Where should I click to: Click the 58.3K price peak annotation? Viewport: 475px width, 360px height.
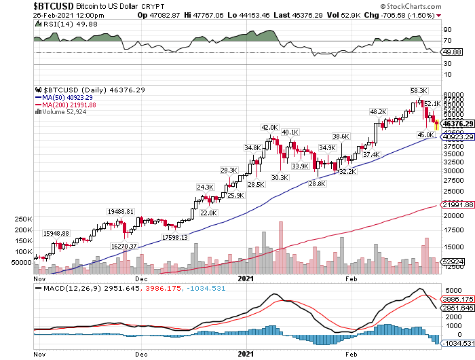418,90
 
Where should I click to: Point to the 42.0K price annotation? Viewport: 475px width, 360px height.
270,127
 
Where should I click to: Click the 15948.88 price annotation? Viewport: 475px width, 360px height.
56,233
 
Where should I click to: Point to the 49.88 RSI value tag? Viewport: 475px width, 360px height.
451,52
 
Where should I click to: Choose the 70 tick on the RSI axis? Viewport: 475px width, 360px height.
447,41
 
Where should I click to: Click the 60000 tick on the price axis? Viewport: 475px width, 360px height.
452,95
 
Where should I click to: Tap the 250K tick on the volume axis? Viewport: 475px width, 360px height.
23,219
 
